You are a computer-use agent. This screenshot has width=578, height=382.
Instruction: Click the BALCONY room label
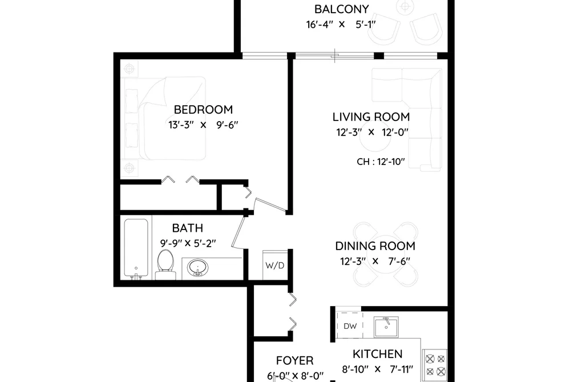[x=341, y=9]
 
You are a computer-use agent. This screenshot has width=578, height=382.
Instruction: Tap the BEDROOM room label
[x=203, y=110]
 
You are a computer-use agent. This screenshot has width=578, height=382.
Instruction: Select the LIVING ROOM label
[x=371, y=117]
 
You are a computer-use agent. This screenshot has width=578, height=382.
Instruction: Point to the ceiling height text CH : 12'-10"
[x=381, y=162]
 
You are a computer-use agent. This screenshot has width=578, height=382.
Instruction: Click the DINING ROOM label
[x=375, y=246]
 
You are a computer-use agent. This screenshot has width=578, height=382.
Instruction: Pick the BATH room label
[x=187, y=228]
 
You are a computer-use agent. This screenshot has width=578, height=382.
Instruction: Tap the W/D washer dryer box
[x=275, y=265]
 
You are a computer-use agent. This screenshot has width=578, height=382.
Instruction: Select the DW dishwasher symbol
[x=349, y=325]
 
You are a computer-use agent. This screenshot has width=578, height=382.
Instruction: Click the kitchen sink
[x=386, y=327]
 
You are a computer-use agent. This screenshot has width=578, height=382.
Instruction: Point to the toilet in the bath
[x=165, y=264]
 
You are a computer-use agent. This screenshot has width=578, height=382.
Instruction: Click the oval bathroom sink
[x=197, y=268]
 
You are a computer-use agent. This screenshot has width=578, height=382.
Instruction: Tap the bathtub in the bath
[x=136, y=248]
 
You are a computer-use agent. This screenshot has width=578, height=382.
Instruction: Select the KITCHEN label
[x=378, y=354]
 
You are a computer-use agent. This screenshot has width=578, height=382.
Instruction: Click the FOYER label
[x=294, y=360]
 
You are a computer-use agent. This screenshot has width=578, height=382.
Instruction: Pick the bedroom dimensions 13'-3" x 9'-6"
[x=203, y=125]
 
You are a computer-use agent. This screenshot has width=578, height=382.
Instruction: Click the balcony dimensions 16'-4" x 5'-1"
[x=341, y=25]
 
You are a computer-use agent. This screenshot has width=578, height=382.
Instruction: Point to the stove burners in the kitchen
[x=435, y=365]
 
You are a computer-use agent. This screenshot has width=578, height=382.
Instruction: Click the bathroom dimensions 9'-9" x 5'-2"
[x=188, y=243]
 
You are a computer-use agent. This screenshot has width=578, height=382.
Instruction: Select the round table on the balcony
[x=405, y=6]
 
